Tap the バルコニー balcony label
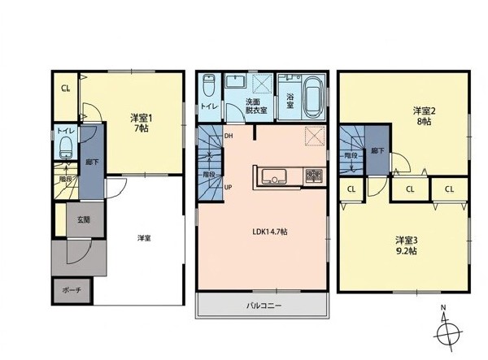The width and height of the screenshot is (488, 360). coord(264,306)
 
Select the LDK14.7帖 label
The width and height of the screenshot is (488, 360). coord(269,232)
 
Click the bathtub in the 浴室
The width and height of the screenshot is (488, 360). coord(314,97)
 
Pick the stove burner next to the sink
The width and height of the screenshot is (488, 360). coord(314,176)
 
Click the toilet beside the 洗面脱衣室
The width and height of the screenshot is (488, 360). coord(207,85)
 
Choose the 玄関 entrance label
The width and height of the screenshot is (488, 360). coord(84,219)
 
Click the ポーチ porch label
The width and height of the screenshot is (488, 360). coord(72,290)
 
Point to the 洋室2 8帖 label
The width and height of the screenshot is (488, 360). coord(425,116)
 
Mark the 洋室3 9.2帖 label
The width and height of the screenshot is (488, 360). coord(407,245)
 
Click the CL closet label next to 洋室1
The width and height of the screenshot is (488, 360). coord(65,89)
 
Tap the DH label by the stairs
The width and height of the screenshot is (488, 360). coord(229,136)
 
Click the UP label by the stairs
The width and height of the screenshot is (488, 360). coord(228,187)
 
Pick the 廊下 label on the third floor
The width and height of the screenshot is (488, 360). coord(377,151)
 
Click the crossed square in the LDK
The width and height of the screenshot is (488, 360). coord(315,136)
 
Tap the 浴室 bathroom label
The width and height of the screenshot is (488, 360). coord(290,101)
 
